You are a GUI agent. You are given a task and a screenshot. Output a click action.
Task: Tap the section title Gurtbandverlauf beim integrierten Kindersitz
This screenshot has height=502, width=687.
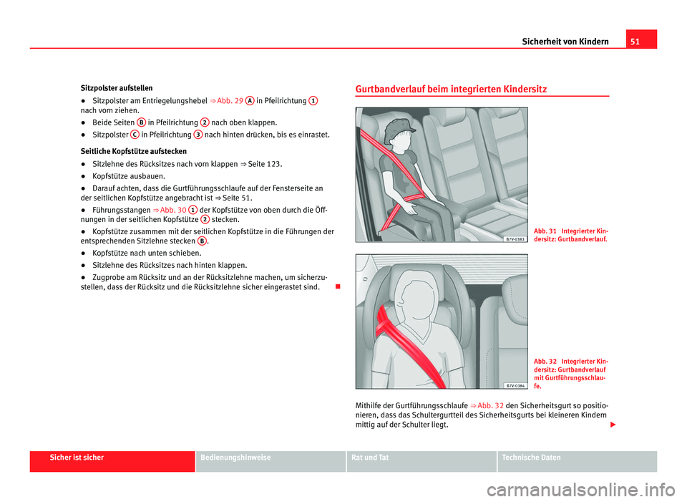(451, 90)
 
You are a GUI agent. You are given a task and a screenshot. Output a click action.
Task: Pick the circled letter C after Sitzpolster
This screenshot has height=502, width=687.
(135, 135)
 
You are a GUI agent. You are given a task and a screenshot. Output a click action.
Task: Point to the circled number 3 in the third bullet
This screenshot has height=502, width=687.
(198, 135)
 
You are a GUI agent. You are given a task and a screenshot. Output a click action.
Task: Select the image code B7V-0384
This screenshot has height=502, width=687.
(512, 385)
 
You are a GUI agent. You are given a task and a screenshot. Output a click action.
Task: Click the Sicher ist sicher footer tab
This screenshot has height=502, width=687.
(112, 458)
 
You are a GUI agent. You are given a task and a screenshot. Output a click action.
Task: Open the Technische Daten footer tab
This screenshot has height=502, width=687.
(577, 458)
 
